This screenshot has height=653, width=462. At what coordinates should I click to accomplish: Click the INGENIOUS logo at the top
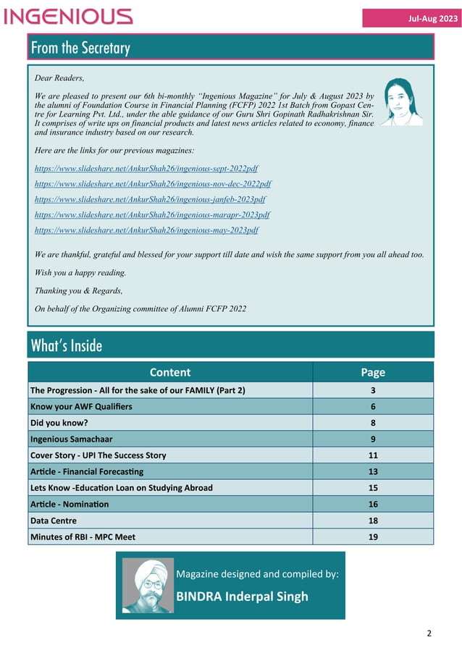point(68,17)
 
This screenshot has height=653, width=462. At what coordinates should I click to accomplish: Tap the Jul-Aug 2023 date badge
point(411,19)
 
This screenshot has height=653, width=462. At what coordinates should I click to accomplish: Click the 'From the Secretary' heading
point(80,48)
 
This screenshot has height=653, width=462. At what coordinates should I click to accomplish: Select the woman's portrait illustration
point(401,102)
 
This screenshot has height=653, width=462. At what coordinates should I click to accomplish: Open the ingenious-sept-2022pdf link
point(146,168)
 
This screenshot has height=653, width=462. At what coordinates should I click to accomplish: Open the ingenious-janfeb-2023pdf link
point(150,199)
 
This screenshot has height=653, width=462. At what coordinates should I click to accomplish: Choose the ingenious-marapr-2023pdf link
point(152,215)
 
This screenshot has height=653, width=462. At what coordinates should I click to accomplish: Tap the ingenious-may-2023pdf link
point(146,230)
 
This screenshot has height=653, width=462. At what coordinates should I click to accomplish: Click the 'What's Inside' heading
point(67,346)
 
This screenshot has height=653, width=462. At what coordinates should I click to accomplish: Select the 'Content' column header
point(169,372)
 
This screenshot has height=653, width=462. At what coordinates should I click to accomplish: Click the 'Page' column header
point(373,372)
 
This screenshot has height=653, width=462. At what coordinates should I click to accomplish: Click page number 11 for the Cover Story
point(373,455)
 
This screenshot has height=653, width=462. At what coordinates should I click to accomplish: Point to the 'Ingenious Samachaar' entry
point(71,439)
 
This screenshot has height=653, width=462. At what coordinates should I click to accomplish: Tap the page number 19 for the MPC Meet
point(373,536)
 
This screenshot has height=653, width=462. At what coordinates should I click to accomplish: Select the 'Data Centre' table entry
point(54,521)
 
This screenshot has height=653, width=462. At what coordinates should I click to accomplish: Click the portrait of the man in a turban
point(148,585)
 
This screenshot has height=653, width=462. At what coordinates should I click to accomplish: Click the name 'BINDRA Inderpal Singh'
point(243,597)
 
